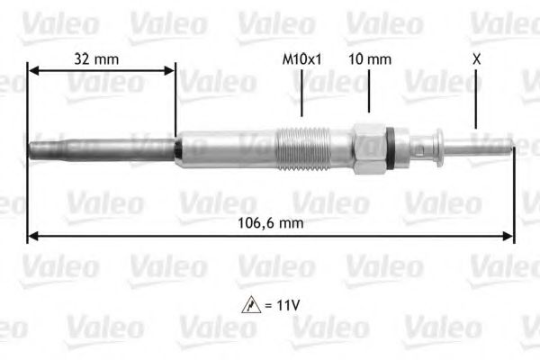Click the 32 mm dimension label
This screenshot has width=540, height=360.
click(96, 59)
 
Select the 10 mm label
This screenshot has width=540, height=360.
click(369, 59)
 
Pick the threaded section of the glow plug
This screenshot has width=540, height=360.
click(302, 148)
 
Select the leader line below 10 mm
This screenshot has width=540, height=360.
click(369, 94)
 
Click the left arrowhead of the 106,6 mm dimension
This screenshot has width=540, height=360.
click(32, 237)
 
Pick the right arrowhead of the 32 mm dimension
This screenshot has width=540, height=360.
click(170, 69)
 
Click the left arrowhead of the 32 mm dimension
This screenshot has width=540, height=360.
click(33, 69)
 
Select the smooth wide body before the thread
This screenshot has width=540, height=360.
click(225, 148)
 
